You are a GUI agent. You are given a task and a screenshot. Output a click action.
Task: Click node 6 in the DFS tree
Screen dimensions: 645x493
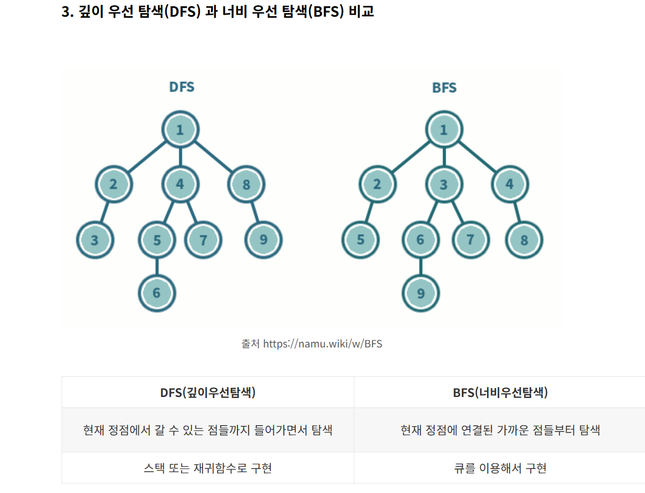[157, 293]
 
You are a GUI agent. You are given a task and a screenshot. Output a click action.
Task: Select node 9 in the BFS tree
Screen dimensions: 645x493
[421, 293]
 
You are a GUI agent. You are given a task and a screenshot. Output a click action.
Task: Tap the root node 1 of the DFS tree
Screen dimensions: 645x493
[180, 130]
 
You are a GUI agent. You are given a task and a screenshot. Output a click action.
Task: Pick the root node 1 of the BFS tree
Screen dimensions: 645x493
[444, 130]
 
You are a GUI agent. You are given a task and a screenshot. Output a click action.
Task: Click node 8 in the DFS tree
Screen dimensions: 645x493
[246, 184]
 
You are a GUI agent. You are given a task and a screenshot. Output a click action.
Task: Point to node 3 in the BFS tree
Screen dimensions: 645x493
[444, 184]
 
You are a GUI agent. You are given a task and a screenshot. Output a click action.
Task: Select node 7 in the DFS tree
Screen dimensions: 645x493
[204, 240]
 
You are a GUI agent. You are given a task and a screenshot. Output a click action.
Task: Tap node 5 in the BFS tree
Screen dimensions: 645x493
[361, 240]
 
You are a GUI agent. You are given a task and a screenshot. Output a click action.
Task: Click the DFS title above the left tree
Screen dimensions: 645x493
[182, 87]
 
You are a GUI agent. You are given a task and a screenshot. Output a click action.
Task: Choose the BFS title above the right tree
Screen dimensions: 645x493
[445, 88]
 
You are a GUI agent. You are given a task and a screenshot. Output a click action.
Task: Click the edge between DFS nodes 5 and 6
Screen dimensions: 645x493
[157, 266]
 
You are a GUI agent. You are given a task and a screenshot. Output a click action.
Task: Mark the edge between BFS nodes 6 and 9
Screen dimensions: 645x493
[421, 266]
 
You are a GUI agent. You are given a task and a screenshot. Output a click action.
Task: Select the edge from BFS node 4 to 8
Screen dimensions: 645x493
[517, 212]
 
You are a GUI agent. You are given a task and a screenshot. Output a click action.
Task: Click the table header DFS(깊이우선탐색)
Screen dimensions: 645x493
[208, 392]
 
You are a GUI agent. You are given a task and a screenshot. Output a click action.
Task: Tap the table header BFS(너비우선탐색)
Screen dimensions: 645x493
[500, 392]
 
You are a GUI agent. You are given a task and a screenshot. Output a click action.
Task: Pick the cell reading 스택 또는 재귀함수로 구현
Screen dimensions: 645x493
[208, 468]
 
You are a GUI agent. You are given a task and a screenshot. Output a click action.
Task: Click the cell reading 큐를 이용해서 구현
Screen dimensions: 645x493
[500, 468]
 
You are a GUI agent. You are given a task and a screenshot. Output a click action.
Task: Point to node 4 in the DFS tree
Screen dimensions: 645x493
[180, 184]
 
